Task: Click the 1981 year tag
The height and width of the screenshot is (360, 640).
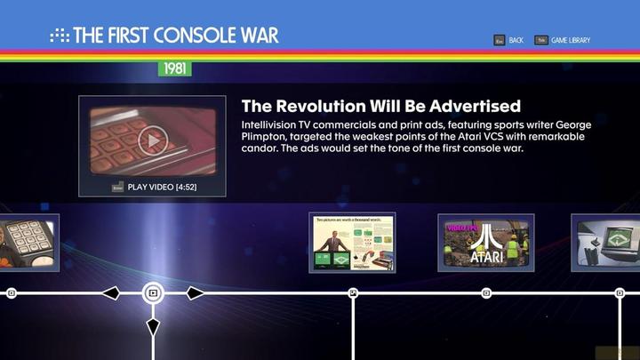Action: pos(174,68)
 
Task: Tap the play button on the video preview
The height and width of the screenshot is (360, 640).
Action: pos(152,140)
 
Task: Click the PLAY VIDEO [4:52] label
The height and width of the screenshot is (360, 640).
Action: pos(164,188)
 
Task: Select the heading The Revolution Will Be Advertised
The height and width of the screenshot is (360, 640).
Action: pos(380,106)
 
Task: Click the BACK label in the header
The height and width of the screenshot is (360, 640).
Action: pos(516,40)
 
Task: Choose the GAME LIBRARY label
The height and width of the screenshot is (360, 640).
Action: pos(570,40)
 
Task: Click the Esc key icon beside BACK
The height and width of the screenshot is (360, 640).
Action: pos(500,40)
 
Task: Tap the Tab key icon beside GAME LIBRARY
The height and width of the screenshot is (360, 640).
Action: pos(540,40)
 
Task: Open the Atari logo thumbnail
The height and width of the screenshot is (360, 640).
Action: pos(485,242)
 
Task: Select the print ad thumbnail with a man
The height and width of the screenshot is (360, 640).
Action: pos(352,242)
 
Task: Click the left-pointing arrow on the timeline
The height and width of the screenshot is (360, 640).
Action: pos(110,292)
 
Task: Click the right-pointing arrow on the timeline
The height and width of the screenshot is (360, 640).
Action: pos(195,292)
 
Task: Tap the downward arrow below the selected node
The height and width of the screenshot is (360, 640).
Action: pos(153,328)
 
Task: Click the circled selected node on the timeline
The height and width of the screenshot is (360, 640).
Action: pos(153,292)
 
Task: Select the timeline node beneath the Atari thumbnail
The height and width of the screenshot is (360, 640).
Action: pos(486,292)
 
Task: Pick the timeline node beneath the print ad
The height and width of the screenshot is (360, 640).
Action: pos(353,292)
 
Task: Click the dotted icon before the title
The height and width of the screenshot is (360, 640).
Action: pos(59,36)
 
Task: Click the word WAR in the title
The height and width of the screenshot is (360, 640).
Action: pos(258,36)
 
